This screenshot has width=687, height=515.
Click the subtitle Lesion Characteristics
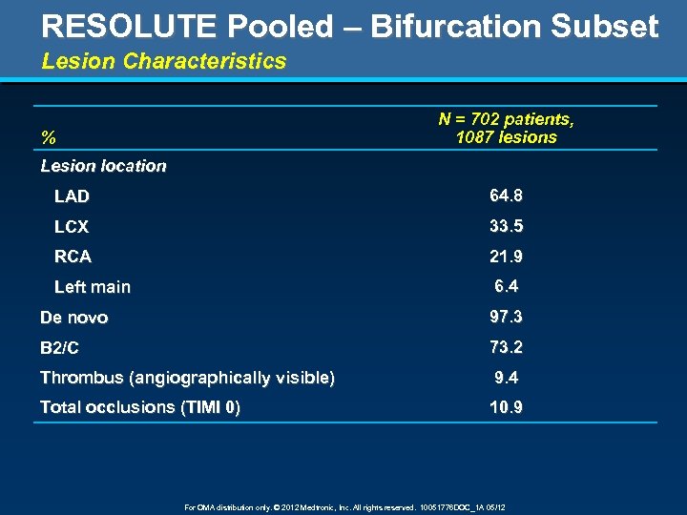click(163, 62)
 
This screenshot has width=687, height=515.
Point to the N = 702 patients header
click(506, 120)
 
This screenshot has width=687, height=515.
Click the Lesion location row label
click(103, 166)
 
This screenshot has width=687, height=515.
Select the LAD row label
click(72, 196)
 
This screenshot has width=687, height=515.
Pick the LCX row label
click(72, 227)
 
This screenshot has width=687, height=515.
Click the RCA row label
click(73, 257)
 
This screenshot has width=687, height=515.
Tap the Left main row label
click(93, 287)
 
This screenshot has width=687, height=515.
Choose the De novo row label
click(73, 318)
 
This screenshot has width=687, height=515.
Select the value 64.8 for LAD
click(506, 196)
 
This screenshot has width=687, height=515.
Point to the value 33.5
click(506, 226)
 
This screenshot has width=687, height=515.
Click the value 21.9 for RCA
click(506, 257)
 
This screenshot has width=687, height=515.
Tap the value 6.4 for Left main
click(507, 286)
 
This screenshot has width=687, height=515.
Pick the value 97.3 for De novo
click(506, 317)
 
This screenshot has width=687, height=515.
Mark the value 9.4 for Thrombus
click(507, 378)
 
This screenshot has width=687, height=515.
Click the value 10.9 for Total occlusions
click(506, 407)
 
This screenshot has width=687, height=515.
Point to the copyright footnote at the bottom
click(343, 507)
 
